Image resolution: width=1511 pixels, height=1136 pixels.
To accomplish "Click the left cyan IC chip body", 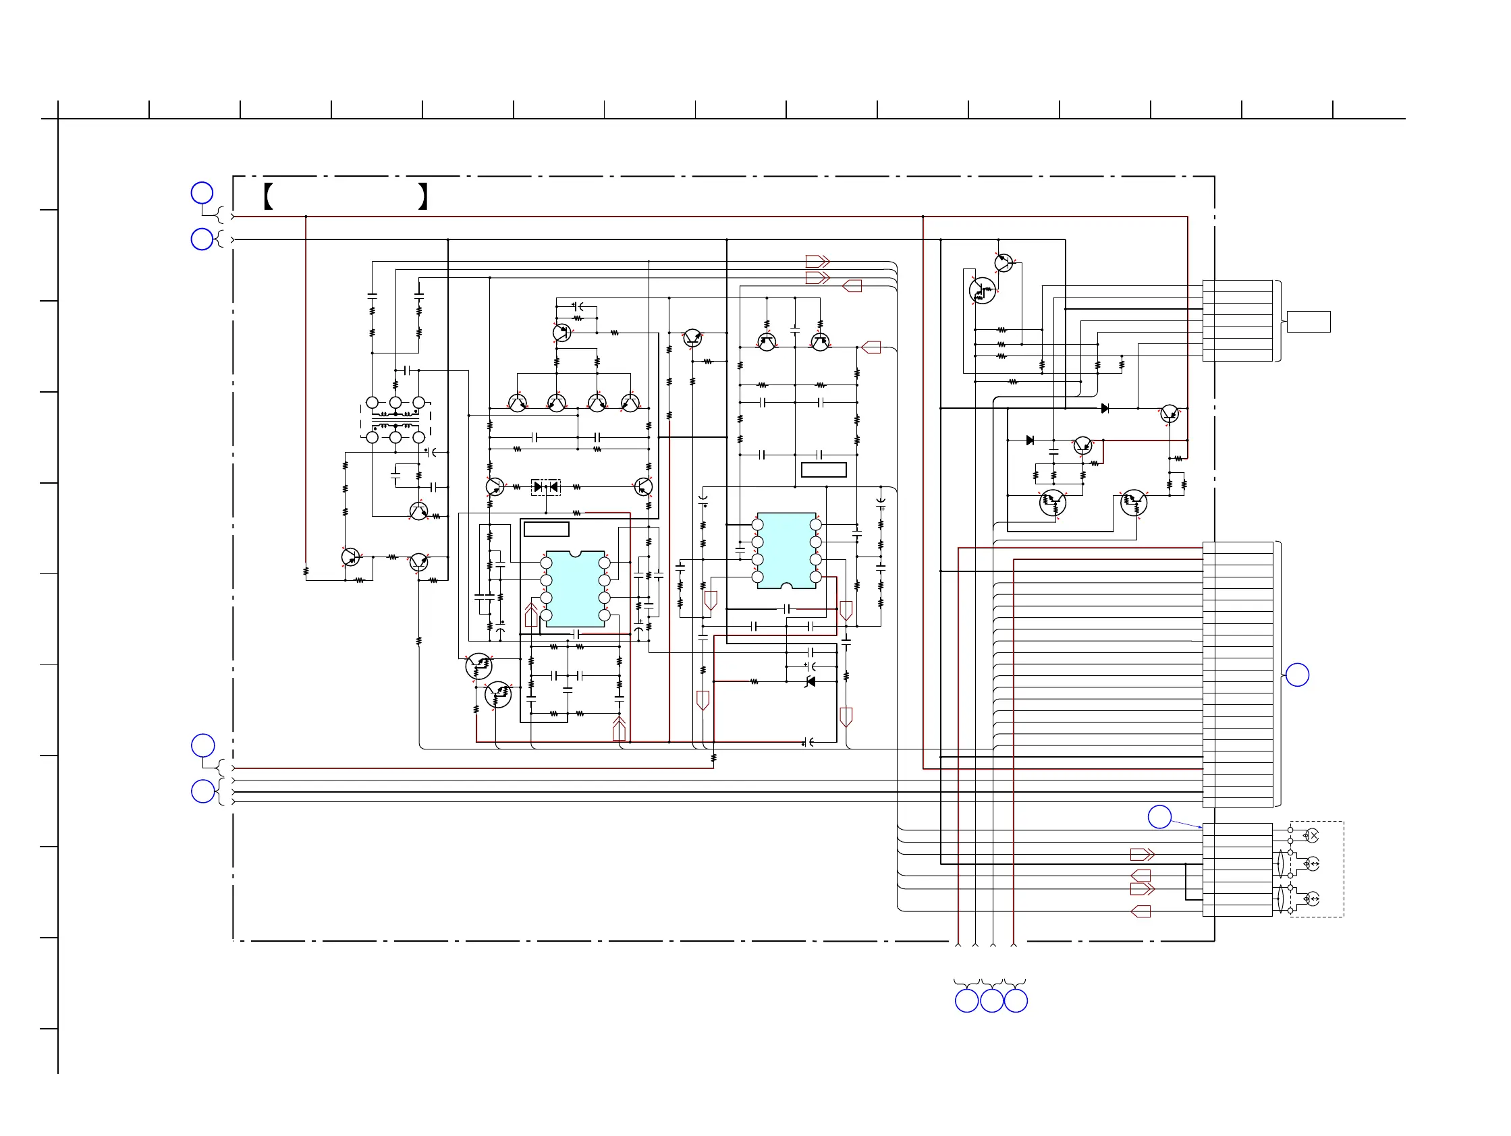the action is tap(574, 588).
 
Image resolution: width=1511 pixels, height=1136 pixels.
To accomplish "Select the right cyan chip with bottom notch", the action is tap(786, 550).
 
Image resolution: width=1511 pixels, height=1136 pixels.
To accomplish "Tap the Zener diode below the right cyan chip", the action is tap(811, 681).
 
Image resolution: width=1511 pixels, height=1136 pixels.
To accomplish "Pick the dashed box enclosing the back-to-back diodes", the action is tap(546, 487).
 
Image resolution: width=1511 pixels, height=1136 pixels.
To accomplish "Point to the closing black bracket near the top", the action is tap(423, 196).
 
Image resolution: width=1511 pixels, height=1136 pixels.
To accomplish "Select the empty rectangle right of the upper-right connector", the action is tap(1308, 322).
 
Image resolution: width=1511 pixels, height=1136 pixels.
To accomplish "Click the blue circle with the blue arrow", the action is tap(1159, 816).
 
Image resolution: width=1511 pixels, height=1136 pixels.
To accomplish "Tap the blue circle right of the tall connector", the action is tap(1297, 675).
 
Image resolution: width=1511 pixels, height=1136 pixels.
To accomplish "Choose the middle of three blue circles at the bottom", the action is tap(991, 1001).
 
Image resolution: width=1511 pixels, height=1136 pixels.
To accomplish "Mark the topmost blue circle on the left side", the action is tap(202, 193).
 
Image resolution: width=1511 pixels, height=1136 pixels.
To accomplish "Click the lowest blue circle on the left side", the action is tap(203, 791).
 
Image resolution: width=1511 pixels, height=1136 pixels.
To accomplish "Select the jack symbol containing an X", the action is tap(1311, 836).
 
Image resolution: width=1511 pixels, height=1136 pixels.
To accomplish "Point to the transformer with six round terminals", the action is tap(395, 420).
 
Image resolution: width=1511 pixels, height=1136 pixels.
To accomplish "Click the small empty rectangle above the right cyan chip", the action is tap(823, 470).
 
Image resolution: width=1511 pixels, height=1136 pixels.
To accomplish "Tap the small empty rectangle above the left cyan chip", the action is tap(546, 529).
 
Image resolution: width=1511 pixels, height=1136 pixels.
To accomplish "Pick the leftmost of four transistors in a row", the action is tap(517, 403).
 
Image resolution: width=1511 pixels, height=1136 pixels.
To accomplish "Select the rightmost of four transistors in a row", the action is tap(630, 403).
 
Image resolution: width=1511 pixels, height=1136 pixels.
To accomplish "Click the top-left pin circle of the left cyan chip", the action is tap(546, 563).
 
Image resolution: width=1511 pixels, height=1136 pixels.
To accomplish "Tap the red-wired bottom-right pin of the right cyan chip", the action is tap(816, 577).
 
